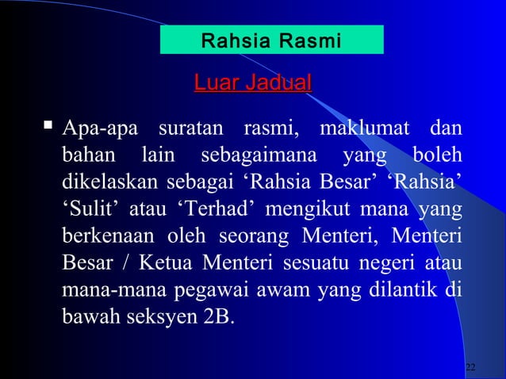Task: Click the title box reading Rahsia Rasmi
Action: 271,39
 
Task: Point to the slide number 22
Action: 471,367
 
